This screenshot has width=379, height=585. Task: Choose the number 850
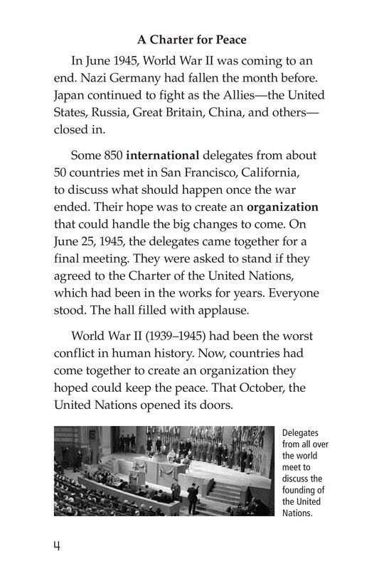coord(112,155)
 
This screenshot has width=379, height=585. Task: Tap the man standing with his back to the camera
coord(192,498)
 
